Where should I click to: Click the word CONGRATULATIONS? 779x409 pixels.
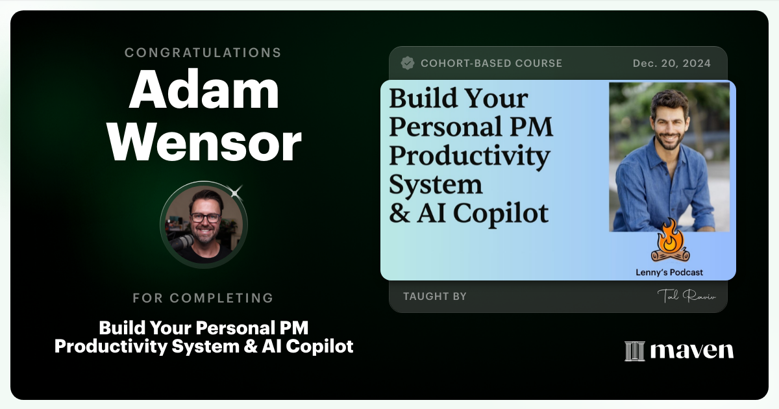(203, 53)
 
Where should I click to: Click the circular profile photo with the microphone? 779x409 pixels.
(204, 225)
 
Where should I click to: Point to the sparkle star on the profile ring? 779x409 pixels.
(235, 192)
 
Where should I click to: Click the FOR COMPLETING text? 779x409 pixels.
(203, 298)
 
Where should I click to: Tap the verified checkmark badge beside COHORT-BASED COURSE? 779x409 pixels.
(408, 63)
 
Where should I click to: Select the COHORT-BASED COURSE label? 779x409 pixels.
(491, 64)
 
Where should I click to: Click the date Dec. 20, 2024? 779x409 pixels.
(672, 64)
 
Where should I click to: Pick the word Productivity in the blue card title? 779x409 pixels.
(469, 156)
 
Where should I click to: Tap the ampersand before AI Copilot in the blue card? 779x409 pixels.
(399, 214)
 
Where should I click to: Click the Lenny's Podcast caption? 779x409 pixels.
(669, 273)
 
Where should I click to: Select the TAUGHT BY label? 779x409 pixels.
(435, 297)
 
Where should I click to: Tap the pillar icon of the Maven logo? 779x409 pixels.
(634, 351)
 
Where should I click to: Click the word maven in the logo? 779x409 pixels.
(692, 351)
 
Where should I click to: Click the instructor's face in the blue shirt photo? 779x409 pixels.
(669, 118)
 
